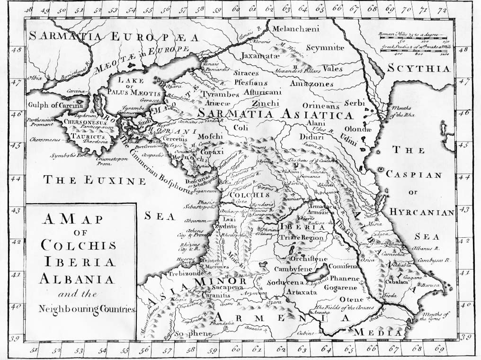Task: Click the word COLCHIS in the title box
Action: point(78,245)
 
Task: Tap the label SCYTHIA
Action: point(418,69)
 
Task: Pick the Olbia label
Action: point(35,77)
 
